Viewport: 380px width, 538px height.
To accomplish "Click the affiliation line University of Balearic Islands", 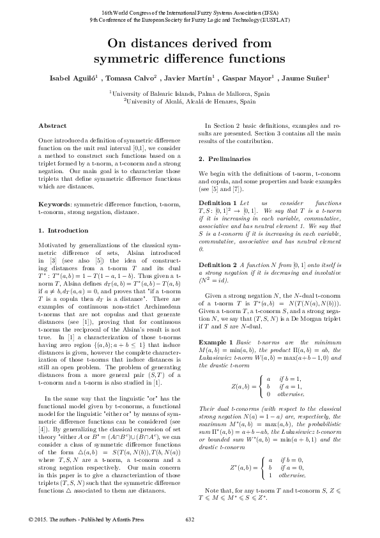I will (190, 93).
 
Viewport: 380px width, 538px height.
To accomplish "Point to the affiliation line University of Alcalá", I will (190, 100).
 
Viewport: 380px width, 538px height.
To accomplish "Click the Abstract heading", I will (52, 126).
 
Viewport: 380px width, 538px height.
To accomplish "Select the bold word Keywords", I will (55, 203).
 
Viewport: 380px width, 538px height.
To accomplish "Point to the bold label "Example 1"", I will (217, 327).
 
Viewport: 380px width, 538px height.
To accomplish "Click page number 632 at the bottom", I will (190, 519).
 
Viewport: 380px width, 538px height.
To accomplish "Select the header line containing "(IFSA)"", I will (190, 13).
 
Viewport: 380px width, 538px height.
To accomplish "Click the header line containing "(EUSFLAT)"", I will (190, 20).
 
